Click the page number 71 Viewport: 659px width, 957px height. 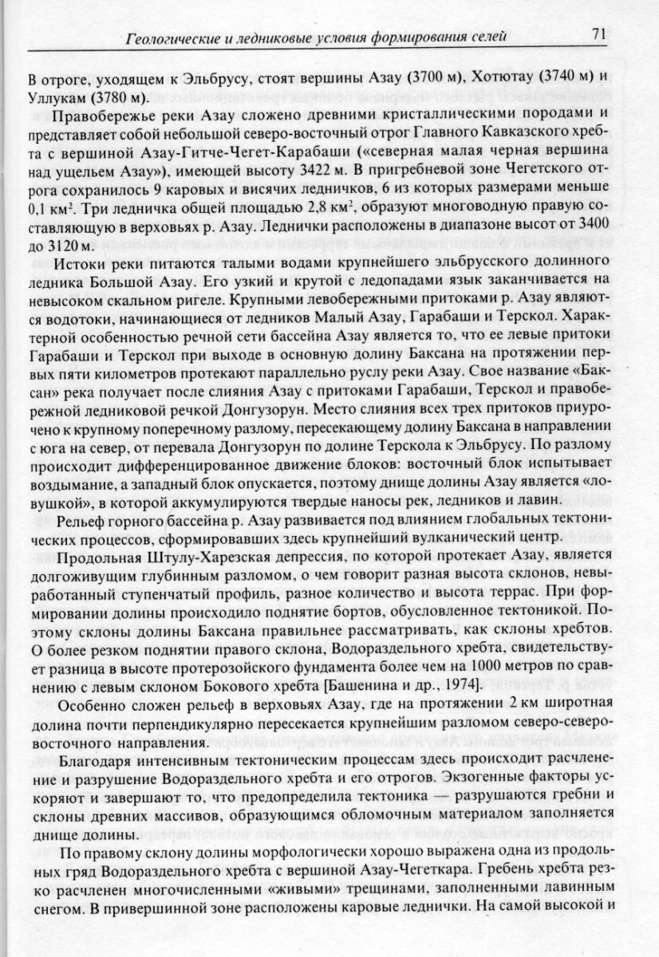[600, 34]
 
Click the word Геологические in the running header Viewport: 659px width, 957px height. [166, 36]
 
